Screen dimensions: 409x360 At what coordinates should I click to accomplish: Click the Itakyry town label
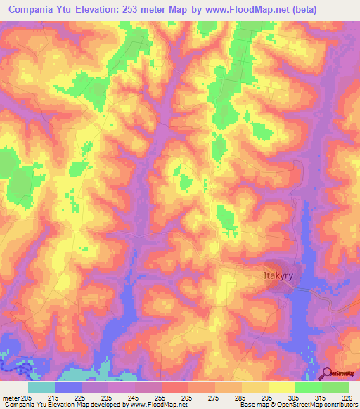click(273, 278)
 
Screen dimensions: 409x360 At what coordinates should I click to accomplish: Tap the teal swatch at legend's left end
click(41, 387)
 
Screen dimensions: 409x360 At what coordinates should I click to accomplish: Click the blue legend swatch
click(68, 387)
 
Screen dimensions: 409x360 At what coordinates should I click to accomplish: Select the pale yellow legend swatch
click(282, 387)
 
